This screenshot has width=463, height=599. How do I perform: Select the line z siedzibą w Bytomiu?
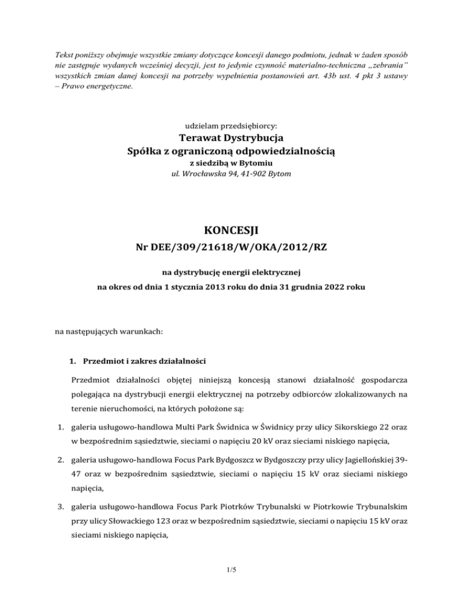[231, 163]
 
